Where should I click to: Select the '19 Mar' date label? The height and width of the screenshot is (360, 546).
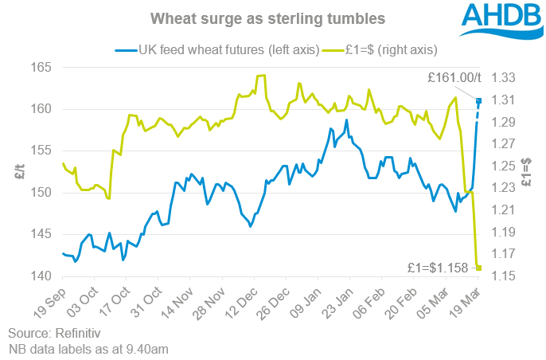(x=465, y=299)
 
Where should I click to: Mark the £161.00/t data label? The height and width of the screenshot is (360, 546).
(x=454, y=78)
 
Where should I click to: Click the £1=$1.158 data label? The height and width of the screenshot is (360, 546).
(x=440, y=266)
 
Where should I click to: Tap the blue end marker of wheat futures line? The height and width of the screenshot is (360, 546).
(x=479, y=100)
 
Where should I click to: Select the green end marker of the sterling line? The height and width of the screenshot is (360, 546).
(x=479, y=268)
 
